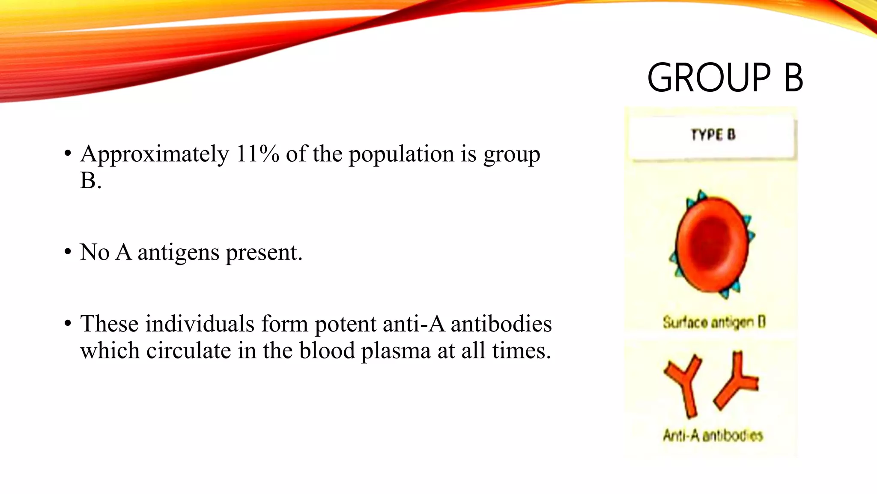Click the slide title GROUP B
pos(725,78)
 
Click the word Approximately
pos(155,155)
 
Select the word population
pos(401,155)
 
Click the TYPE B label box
pos(713,136)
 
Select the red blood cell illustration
pos(712,244)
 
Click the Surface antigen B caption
pos(714,322)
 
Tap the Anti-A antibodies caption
pos(713,436)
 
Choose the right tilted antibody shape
pos(737,381)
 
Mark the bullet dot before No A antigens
pos(68,252)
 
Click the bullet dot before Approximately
pos(68,154)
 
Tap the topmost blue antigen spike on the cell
pos(701,195)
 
